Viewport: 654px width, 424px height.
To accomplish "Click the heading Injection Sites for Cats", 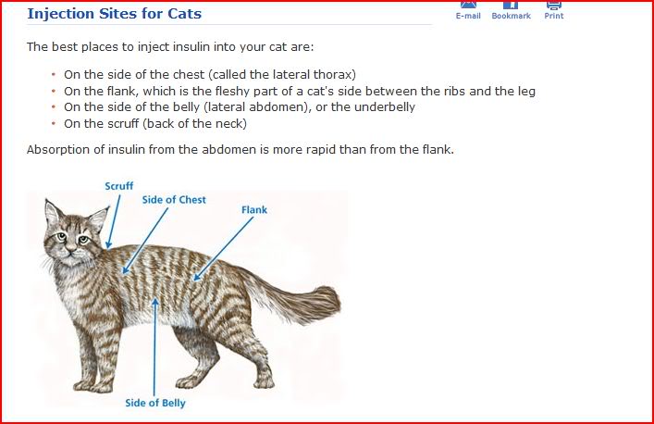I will pyautogui.click(x=114, y=14).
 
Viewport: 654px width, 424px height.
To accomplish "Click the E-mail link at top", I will pyautogui.click(x=468, y=16).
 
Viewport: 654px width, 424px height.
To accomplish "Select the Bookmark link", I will pyautogui.click(x=511, y=16).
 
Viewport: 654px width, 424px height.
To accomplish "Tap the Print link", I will pyautogui.click(x=554, y=16).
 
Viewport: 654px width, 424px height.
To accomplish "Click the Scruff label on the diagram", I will pyautogui.click(x=118, y=186).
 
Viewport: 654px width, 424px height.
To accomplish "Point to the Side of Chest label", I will pyautogui.click(x=174, y=200).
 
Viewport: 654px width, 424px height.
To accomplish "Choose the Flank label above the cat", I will pyautogui.click(x=254, y=210).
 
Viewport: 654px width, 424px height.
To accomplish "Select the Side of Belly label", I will pyautogui.click(x=155, y=403).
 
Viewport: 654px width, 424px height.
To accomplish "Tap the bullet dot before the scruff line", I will pyautogui.click(x=54, y=123).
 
